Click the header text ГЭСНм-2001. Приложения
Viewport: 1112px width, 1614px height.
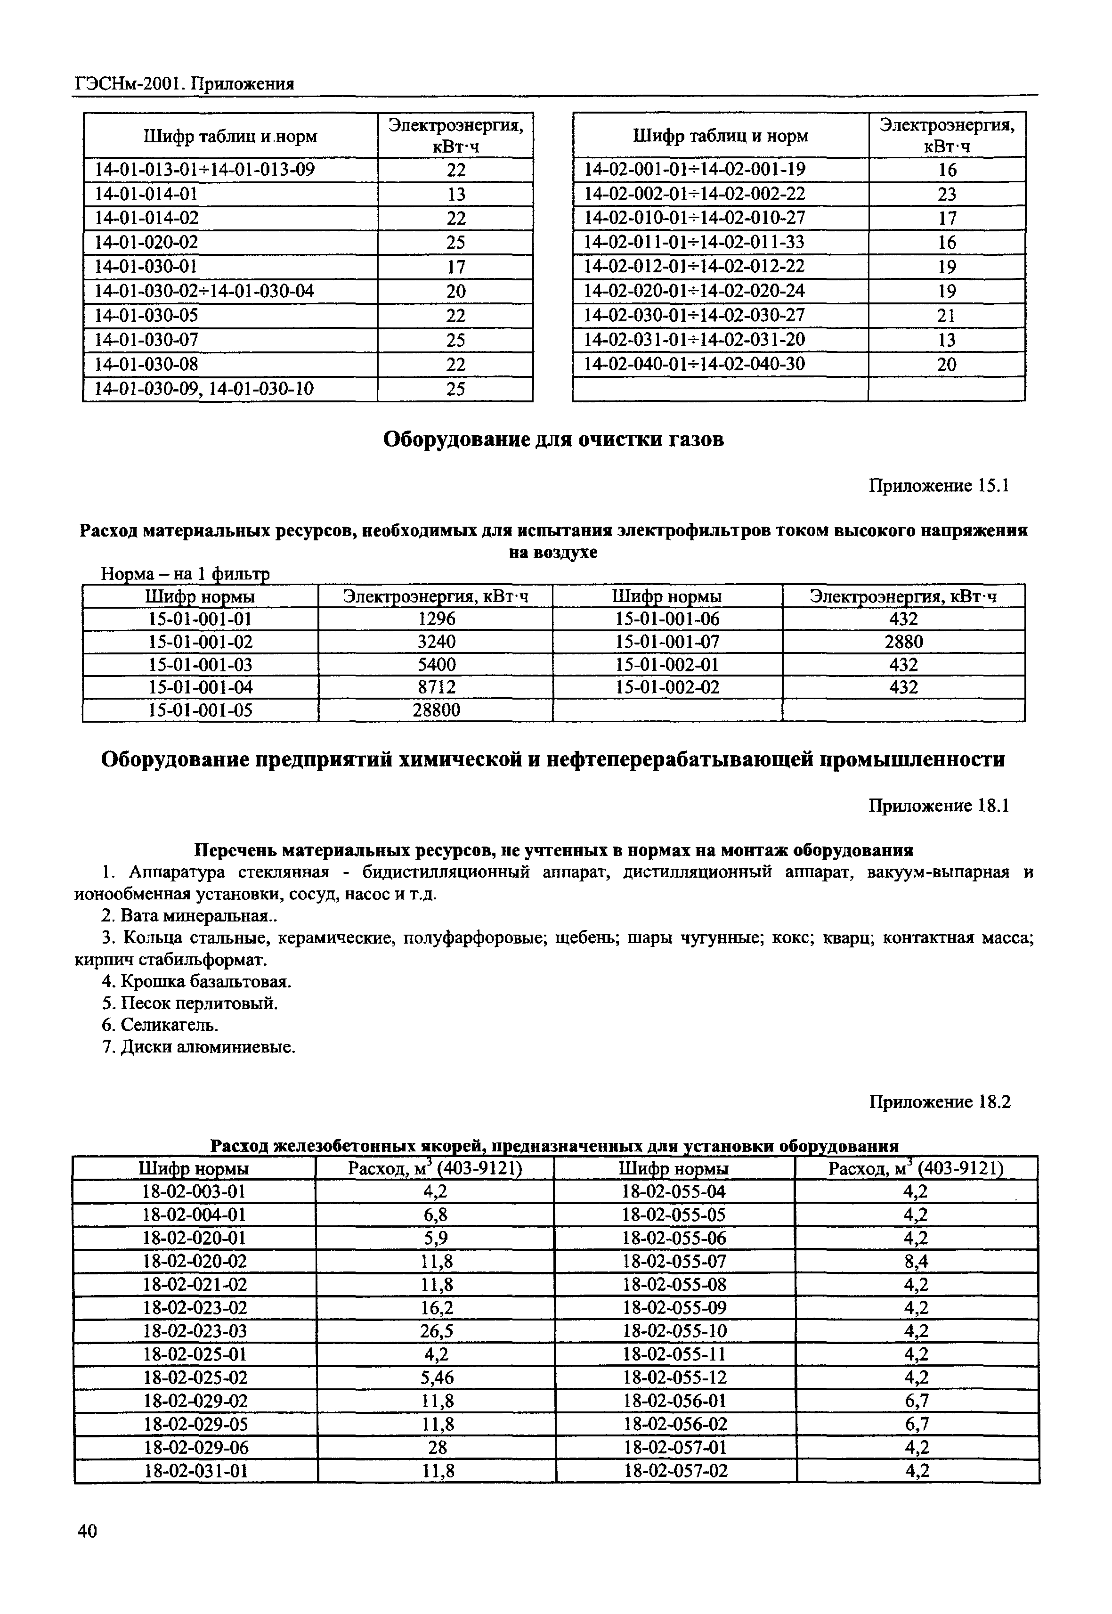[184, 84]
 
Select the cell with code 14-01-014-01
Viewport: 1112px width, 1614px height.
[146, 194]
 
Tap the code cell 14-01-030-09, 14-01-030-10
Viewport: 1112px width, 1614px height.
[203, 389]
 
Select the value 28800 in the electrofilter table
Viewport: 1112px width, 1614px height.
[436, 710]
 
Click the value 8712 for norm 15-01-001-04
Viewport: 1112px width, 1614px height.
[436, 687]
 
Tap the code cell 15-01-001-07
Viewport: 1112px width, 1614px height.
[667, 642]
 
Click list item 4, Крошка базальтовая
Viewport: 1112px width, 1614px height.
[197, 981]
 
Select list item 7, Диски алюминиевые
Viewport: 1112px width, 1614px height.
[199, 1047]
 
